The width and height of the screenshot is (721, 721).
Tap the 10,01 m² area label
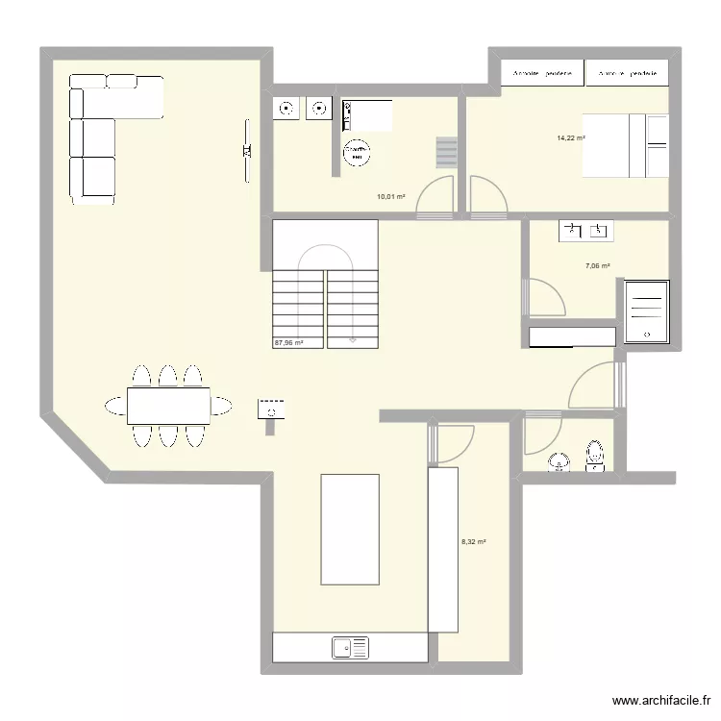click(x=390, y=197)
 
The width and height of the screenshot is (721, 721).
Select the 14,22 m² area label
click(x=571, y=138)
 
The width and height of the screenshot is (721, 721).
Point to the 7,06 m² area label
click(x=598, y=266)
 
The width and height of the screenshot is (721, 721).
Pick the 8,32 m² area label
click(x=474, y=542)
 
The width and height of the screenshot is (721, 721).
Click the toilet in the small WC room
click(x=595, y=457)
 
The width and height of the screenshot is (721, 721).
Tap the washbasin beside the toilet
click(x=558, y=464)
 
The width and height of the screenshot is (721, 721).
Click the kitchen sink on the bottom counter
click(x=351, y=648)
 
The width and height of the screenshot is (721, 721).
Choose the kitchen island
click(x=349, y=529)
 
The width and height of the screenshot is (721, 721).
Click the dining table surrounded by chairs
click(x=169, y=405)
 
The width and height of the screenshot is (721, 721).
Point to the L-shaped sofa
click(x=96, y=135)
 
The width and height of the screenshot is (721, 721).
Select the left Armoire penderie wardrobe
click(x=543, y=73)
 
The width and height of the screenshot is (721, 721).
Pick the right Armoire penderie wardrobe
click(x=627, y=73)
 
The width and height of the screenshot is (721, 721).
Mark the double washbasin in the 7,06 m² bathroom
click(x=585, y=230)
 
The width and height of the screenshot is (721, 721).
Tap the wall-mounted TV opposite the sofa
click(x=247, y=149)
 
